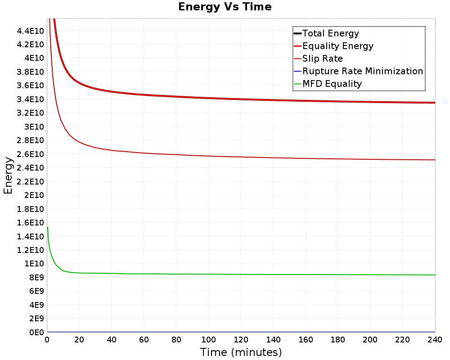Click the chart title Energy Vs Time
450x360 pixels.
[225, 7]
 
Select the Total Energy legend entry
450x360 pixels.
[331, 33]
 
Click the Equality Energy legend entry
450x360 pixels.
[337, 46]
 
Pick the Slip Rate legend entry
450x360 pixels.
[322, 58]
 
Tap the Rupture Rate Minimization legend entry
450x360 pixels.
[362, 71]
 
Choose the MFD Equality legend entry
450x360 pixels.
[332, 84]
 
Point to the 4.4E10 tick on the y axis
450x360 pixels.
[30, 31]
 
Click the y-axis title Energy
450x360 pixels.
[8, 175]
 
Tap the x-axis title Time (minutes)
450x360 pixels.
[241, 352]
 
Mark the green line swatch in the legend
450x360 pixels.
[297, 84]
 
